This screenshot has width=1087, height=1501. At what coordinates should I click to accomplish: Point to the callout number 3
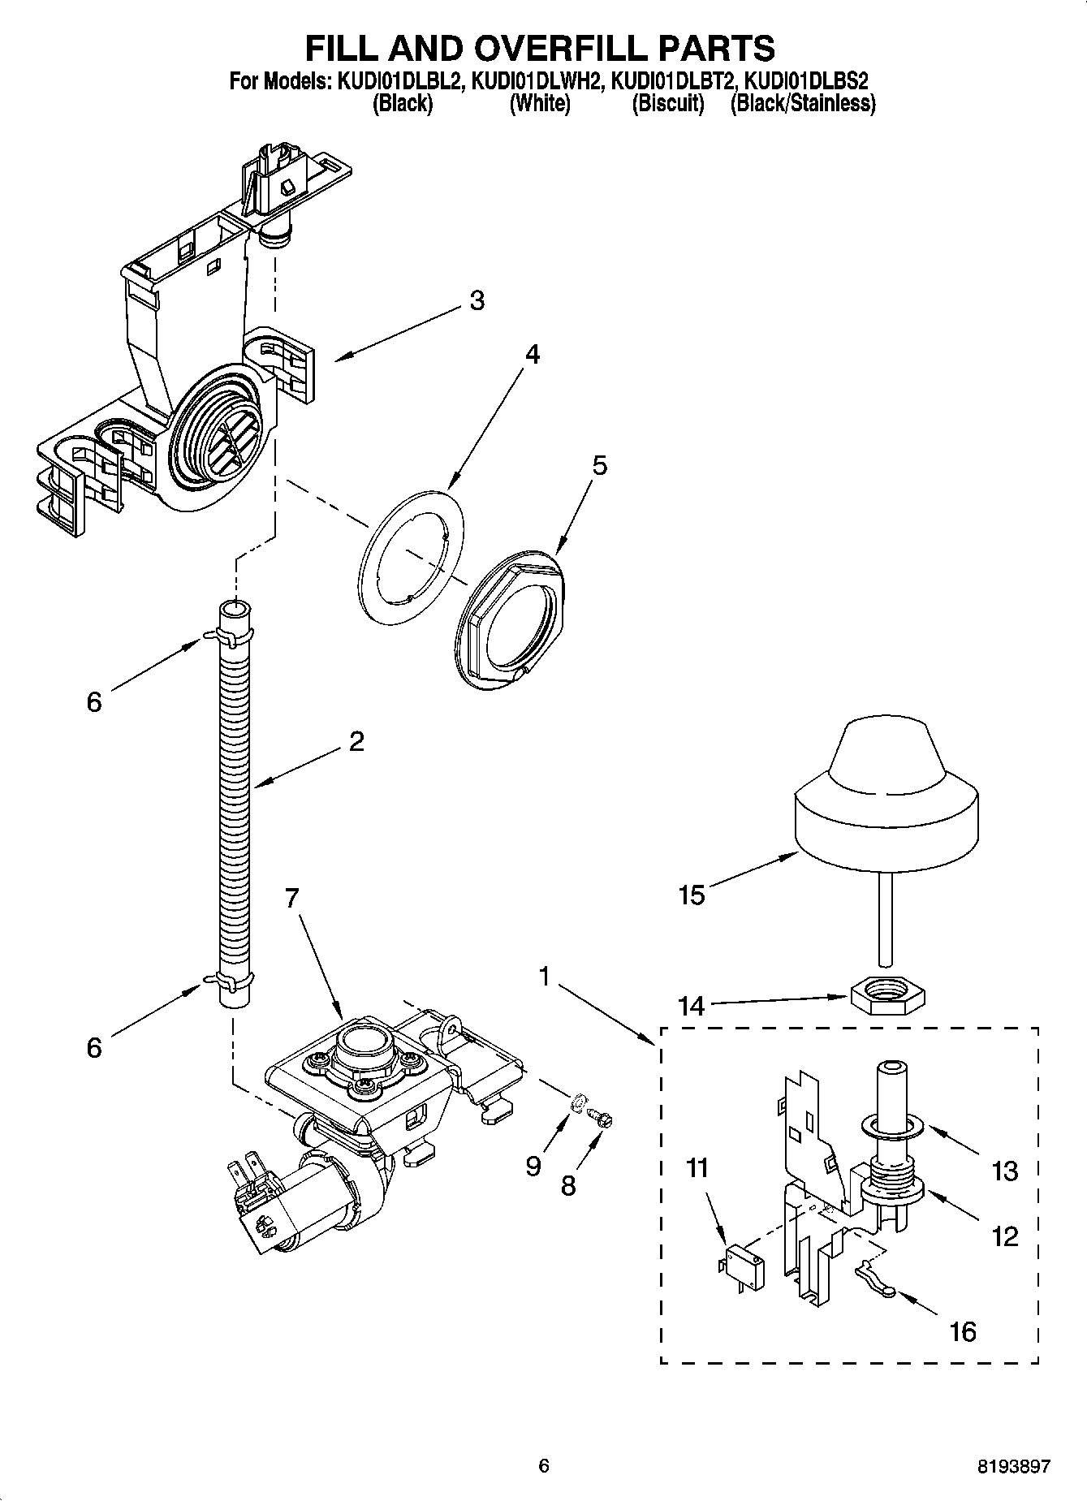point(477,300)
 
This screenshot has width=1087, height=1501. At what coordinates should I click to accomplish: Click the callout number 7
point(292,898)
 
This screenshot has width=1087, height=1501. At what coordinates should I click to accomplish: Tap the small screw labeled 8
point(602,1120)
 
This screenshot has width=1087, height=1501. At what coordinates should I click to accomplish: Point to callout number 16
point(963,1332)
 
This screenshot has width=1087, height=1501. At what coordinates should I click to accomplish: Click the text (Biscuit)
point(668,104)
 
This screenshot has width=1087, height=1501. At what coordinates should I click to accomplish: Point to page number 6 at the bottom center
point(544,1466)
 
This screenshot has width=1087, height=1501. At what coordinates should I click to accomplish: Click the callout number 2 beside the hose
point(356,740)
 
